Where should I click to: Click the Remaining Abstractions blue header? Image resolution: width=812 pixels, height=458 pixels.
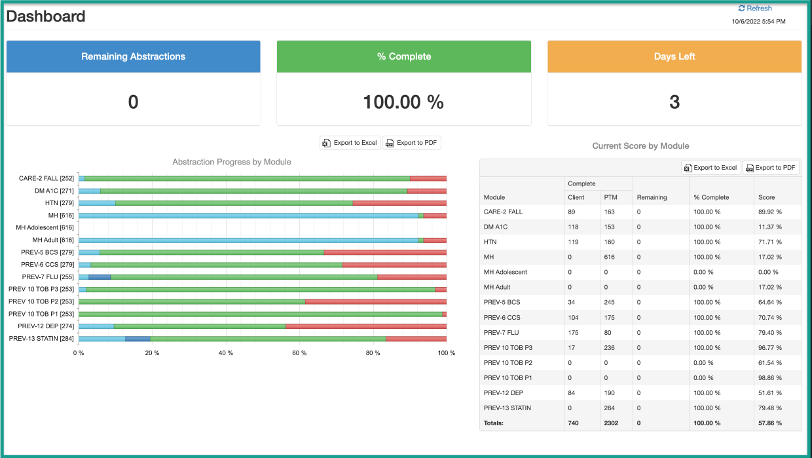(133, 56)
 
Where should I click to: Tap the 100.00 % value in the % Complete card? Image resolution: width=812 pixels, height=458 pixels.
(403, 102)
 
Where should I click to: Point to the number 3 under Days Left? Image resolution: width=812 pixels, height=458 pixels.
(674, 102)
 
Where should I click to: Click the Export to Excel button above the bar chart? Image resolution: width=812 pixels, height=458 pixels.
(350, 143)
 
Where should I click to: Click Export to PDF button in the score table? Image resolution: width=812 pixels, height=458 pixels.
(771, 168)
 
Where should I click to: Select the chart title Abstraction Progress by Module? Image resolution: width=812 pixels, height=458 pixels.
(232, 162)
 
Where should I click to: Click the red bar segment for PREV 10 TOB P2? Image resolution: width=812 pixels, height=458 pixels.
(375, 302)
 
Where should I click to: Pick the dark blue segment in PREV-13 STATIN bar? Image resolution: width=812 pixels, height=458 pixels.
(138, 339)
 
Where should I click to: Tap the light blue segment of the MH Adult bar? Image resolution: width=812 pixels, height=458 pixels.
(248, 240)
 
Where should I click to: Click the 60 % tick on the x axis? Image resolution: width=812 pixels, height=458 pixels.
(299, 353)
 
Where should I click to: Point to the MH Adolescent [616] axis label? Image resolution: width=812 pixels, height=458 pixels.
(45, 227)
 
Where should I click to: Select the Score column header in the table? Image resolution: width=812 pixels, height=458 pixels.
(766, 197)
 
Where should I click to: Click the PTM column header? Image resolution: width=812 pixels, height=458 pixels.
(610, 197)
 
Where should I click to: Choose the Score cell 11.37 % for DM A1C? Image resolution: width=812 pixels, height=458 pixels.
(769, 227)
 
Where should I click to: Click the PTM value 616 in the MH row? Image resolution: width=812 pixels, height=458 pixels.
(610, 258)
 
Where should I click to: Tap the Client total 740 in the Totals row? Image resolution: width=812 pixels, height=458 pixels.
(574, 423)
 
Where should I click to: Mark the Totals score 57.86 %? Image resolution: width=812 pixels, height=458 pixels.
(769, 423)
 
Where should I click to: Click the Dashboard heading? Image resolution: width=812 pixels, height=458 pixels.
(46, 16)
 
